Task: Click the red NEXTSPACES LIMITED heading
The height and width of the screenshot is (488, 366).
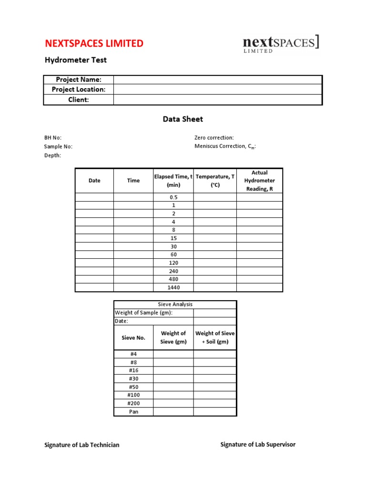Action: pyautogui.click(x=94, y=43)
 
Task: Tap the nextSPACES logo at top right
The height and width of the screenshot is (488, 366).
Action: pyautogui.click(x=281, y=44)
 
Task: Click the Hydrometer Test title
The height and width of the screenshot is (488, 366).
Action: pyautogui.click(x=76, y=60)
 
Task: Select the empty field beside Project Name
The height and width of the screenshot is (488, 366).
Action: pyautogui.click(x=218, y=80)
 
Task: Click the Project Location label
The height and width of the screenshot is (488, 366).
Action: pyautogui.click(x=79, y=90)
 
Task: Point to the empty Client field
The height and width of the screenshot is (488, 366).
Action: pyautogui.click(x=218, y=100)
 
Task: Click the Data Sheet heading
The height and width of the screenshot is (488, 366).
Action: pyautogui.click(x=183, y=119)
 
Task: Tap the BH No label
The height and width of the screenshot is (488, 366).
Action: pyautogui.click(x=53, y=138)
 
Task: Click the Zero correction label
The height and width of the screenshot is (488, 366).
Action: pyautogui.click(x=214, y=138)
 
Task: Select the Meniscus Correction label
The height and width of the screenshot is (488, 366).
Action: pyautogui.click(x=225, y=147)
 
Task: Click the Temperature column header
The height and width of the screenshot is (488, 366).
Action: pyautogui.click(x=215, y=181)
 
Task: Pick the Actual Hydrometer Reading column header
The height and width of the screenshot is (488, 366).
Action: pyautogui.click(x=259, y=181)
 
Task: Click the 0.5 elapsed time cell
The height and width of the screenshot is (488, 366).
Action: pyautogui.click(x=173, y=197)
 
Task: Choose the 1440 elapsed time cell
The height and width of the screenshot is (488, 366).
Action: pyautogui.click(x=173, y=287)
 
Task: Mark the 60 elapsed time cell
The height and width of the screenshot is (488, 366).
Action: pyautogui.click(x=173, y=254)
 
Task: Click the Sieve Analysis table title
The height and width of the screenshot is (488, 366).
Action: pyautogui.click(x=175, y=304)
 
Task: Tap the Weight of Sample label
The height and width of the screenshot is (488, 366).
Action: pyautogui.click(x=143, y=313)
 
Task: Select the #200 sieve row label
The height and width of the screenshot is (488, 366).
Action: pyautogui.click(x=133, y=403)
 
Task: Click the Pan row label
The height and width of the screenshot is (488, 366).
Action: pyautogui.click(x=133, y=412)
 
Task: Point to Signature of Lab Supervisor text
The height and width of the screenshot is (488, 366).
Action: pyautogui.click(x=258, y=445)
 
